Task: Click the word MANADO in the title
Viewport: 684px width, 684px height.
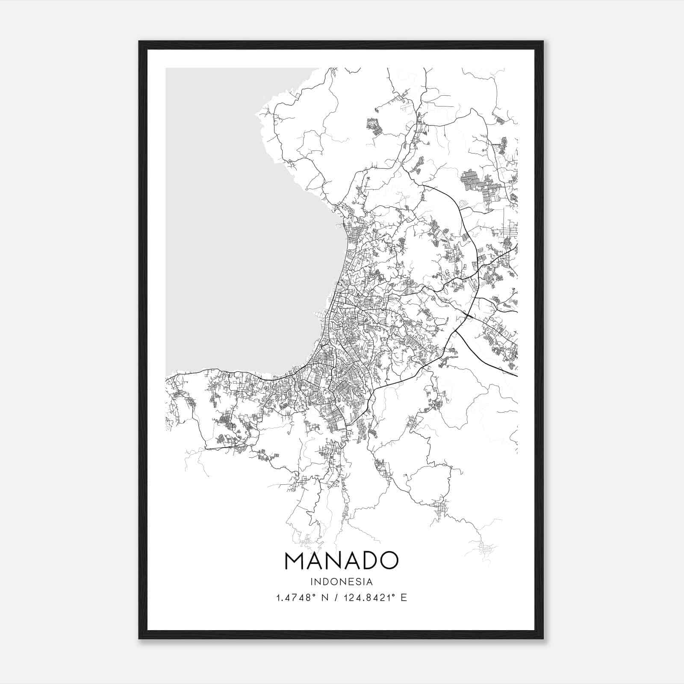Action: point(341,560)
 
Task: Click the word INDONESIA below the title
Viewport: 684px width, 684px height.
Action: point(341,582)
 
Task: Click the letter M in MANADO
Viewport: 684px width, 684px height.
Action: point(294,560)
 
